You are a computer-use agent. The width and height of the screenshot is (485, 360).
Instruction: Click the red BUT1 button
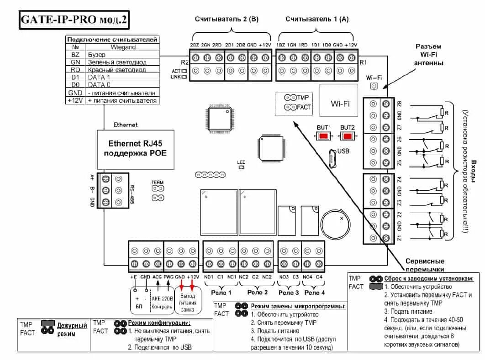pyautogui.click(x=323, y=136)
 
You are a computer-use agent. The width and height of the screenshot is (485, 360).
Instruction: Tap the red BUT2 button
pyautogui.click(x=348, y=136)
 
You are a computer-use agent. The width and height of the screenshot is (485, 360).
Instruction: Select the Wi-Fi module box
pyautogui.click(x=340, y=104)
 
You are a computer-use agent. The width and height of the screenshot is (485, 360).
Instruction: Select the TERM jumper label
pyautogui.click(x=158, y=183)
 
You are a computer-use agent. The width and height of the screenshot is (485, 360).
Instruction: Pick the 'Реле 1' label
pyautogui.click(x=221, y=292)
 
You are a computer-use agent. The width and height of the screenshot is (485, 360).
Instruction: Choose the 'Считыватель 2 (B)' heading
pyautogui.click(x=227, y=19)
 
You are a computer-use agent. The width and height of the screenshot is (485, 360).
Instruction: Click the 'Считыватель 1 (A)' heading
pyautogui.click(x=317, y=19)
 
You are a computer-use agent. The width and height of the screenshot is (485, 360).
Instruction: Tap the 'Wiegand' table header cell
pyautogui.click(x=123, y=47)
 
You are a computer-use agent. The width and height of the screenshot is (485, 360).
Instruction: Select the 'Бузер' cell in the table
pyautogui.click(x=96, y=55)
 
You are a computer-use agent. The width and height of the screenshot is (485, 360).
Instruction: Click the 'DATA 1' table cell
pyautogui.click(x=99, y=78)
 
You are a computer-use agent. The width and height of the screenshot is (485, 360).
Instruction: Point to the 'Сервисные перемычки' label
pyautogui.click(x=425, y=265)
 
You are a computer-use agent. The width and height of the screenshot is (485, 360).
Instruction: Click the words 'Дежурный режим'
pyautogui.click(x=72, y=329)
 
